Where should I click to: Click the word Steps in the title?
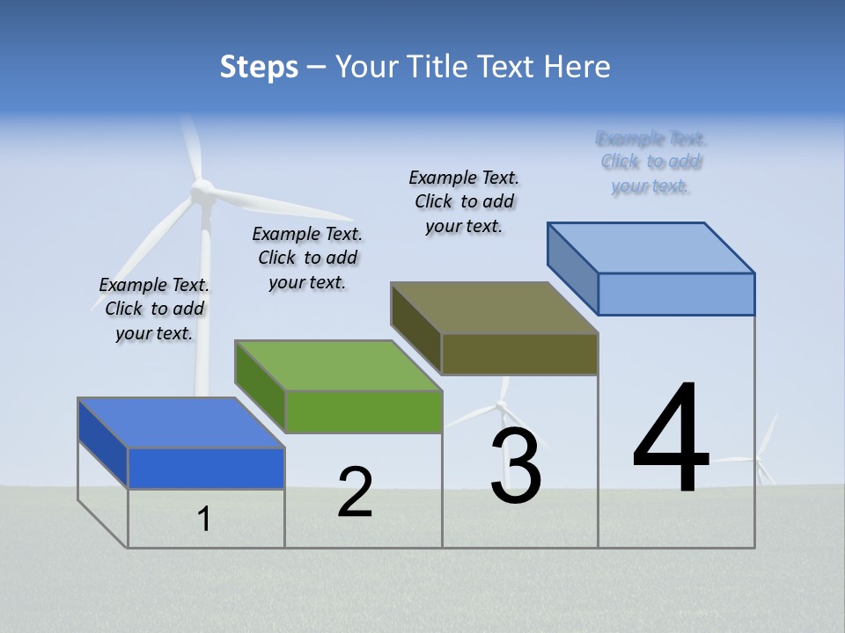pos(259,67)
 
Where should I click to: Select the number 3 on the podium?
pos(515,466)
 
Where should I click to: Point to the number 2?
pos(355,492)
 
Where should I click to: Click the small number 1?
pos(204,519)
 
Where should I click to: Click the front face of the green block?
pos(364,411)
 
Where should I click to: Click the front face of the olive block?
pos(519,353)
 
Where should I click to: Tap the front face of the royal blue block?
pos(206,468)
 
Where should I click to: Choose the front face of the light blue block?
pos(676,294)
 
